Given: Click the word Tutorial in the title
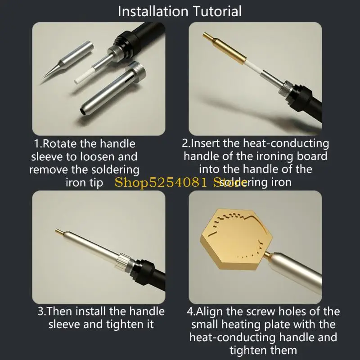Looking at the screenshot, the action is coord(217,11).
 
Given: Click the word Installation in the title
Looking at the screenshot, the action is coord(153,11).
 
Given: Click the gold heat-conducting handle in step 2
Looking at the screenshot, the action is coord(225,49).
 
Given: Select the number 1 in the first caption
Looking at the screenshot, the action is coord(37,144).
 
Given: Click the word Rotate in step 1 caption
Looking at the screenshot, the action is coord(60,144).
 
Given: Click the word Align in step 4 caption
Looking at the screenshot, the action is coord(209,311).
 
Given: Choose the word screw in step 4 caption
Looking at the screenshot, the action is coord(261,311).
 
